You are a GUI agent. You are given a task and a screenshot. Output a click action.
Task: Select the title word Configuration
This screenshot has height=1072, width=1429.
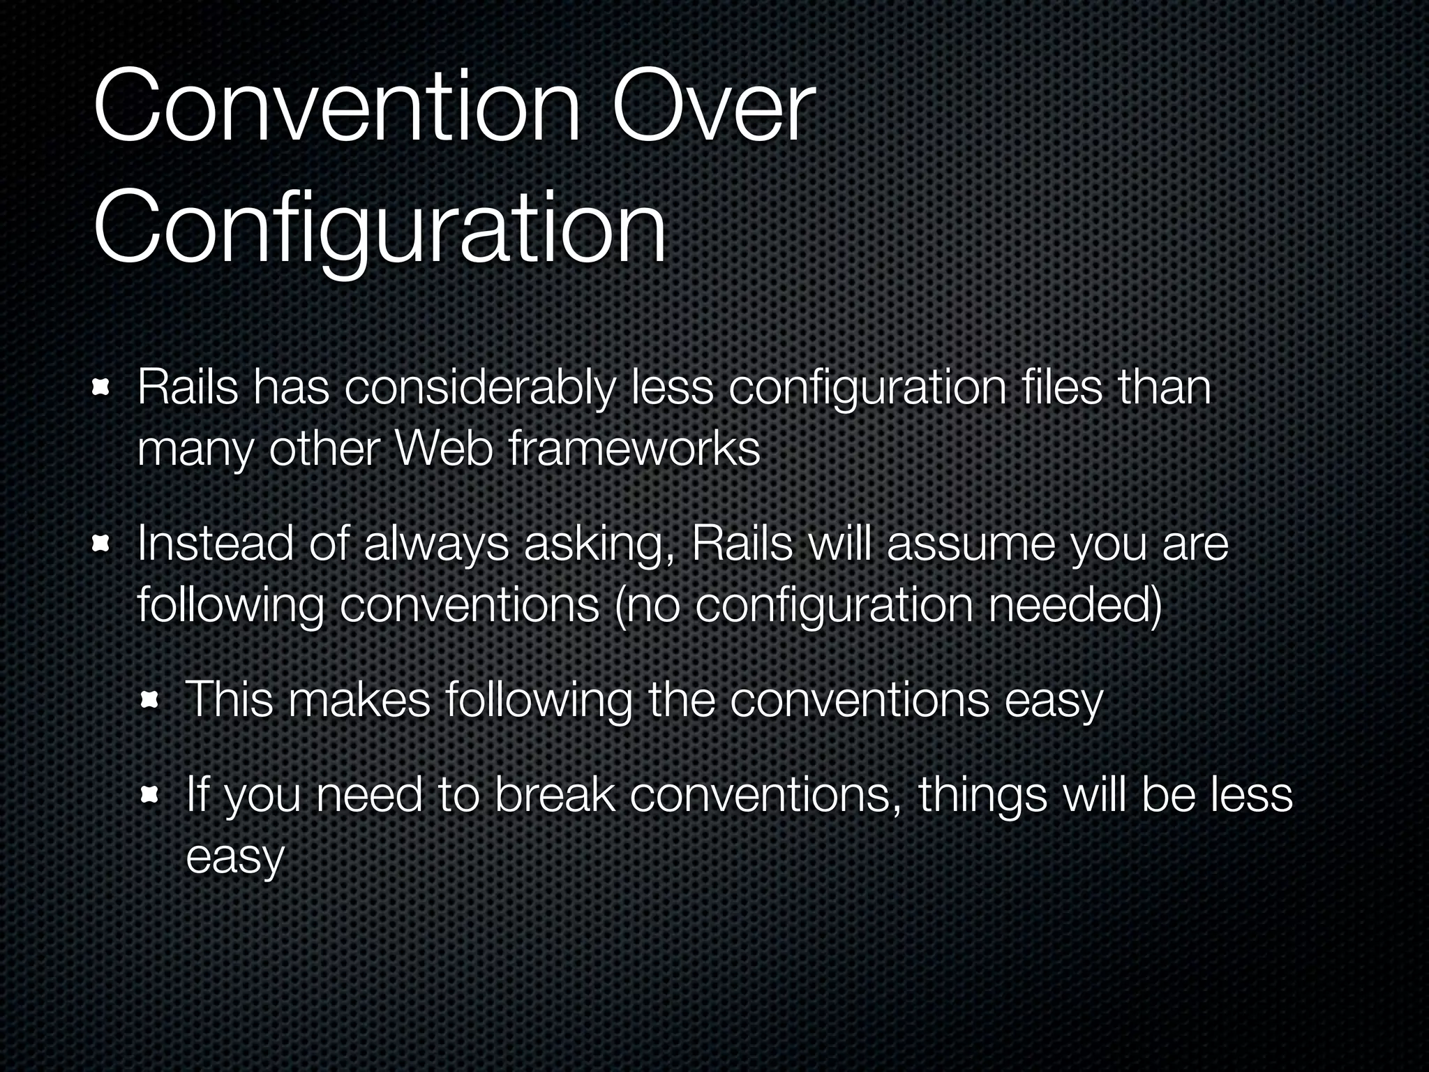point(380,230)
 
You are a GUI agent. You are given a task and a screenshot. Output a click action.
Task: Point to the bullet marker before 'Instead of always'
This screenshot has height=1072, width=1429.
point(102,544)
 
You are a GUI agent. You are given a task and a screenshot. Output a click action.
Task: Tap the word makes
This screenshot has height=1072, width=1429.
point(359,699)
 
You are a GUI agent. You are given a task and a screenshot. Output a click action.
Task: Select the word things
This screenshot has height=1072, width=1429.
point(982,796)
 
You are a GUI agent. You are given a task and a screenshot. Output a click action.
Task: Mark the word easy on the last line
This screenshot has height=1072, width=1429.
point(235,856)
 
